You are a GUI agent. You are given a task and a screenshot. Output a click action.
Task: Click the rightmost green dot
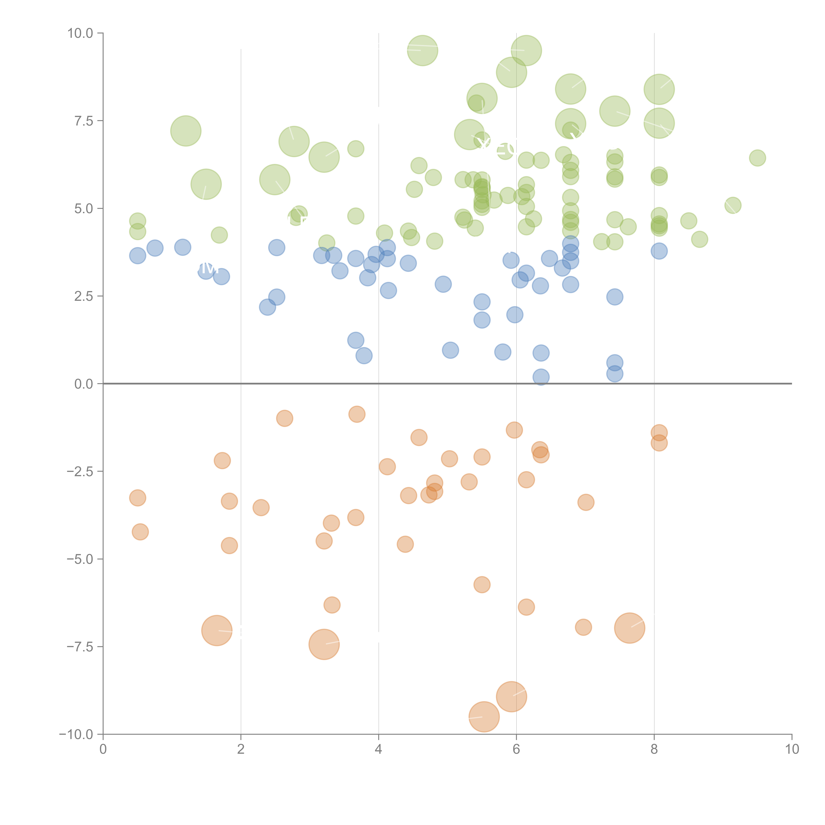tap(758, 158)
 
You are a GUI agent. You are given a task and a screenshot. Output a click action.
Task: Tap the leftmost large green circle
tap(186, 131)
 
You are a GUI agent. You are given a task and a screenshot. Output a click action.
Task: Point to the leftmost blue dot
tap(137, 256)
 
